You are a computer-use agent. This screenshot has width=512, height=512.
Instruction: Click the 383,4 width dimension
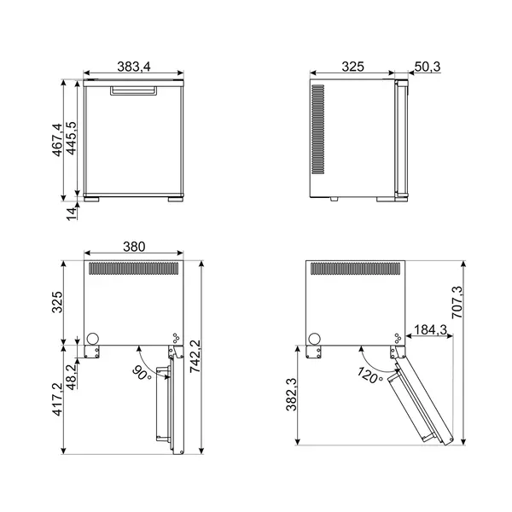click(x=134, y=67)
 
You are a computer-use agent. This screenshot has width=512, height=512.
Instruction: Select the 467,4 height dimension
click(x=58, y=139)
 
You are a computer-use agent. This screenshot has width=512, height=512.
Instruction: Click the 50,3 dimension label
click(x=426, y=67)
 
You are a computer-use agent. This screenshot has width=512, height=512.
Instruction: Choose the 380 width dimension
click(x=134, y=247)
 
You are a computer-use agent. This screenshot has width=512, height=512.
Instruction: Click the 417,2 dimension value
click(x=58, y=399)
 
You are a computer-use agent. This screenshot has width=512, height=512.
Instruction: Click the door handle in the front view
click(x=134, y=89)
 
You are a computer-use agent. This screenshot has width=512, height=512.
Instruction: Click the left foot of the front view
click(x=92, y=201)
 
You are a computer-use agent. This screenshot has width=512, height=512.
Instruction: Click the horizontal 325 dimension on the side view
click(x=350, y=67)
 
